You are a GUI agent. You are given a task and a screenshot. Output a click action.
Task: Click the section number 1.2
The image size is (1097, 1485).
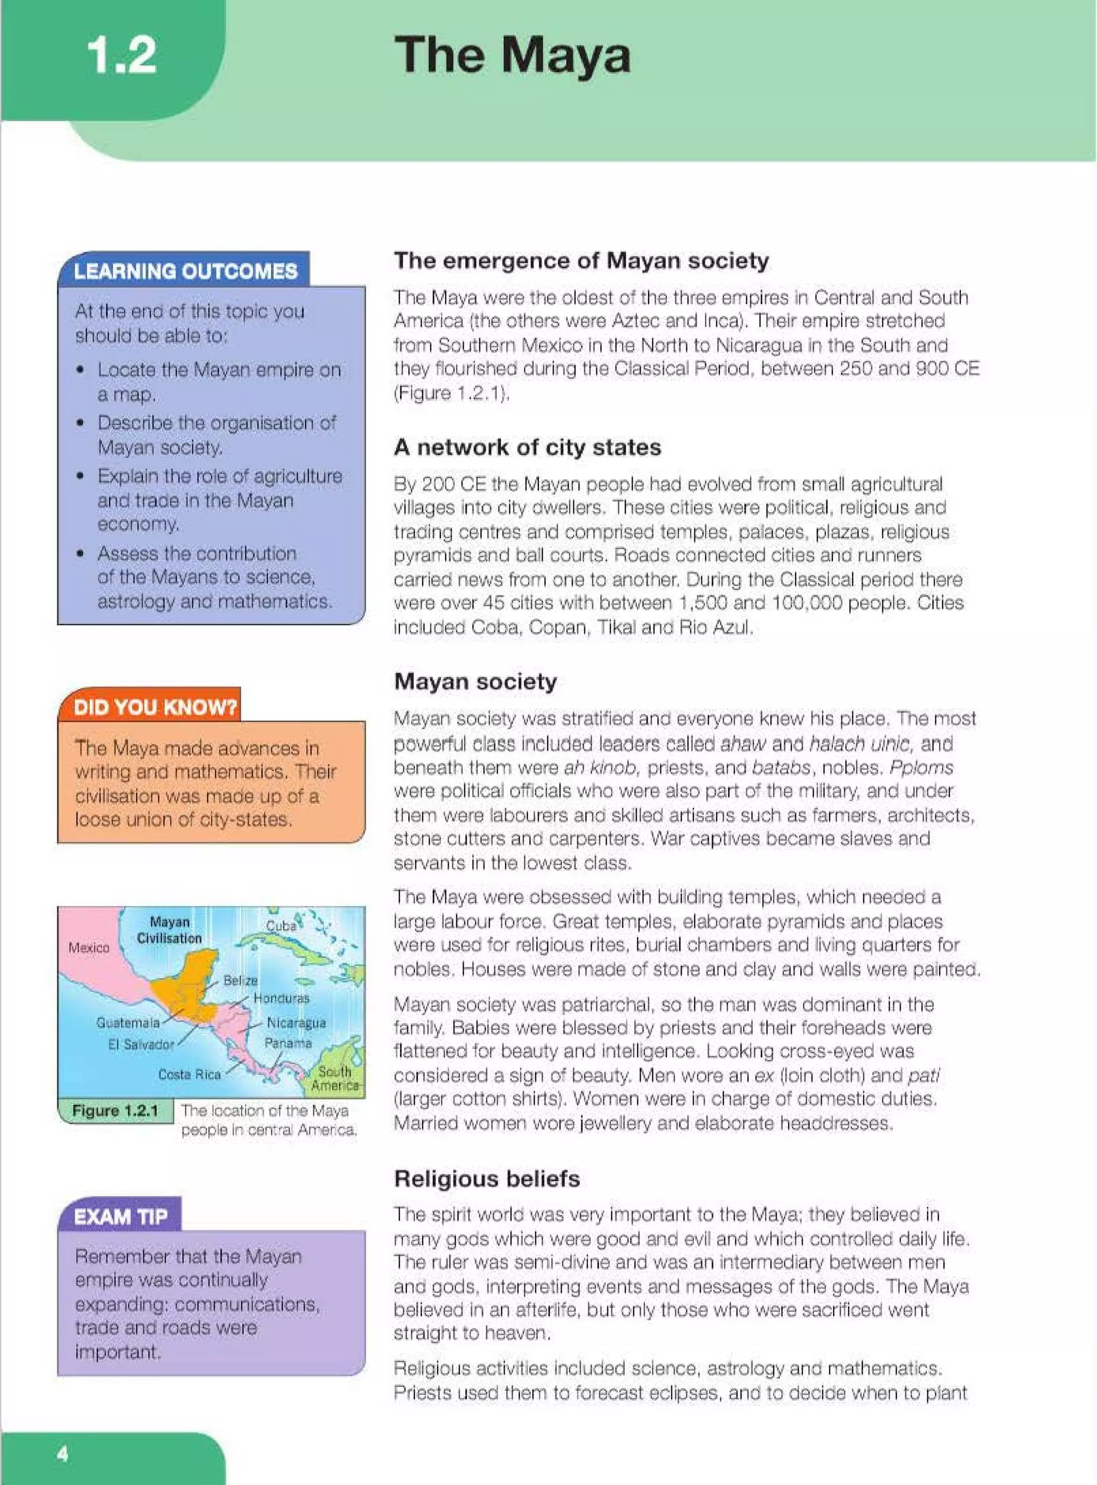(x=122, y=56)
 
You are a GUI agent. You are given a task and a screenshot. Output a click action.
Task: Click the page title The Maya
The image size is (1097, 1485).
(x=512, y=56)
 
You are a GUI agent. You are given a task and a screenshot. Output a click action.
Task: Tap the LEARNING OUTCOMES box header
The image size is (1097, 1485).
(x=185, y=271)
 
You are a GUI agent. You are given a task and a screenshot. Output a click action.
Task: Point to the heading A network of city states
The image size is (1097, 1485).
(x=527, y=447)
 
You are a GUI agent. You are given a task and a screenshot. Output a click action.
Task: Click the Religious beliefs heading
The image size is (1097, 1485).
(x=487, y=1179)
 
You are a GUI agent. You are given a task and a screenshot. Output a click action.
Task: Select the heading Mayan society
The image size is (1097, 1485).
(x=476, y=681)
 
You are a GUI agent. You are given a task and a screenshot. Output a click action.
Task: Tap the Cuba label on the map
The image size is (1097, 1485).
(x=281, y=925)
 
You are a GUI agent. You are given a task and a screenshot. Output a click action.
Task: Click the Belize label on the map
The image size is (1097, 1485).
(x=240, y=980)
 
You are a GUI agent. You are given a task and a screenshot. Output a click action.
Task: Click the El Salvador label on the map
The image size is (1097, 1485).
(x=141, y=1044)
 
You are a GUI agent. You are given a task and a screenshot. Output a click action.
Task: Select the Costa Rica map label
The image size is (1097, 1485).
(x=189, y=1074)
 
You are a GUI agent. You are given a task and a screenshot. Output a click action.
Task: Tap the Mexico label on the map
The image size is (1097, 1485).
(x=89, y=947)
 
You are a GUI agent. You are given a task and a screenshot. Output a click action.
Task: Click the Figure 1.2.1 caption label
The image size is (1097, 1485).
(x=115, y=1111)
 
